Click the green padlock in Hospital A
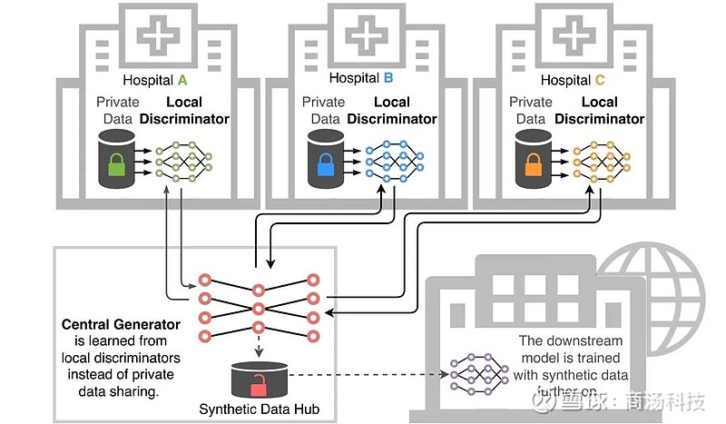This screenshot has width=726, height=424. (116, 165)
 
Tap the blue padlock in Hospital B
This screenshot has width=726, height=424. (325, 165)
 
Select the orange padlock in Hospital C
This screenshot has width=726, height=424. (533, 165)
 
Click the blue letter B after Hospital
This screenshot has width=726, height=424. (389, 78)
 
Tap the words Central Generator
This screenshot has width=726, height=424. (115, 324)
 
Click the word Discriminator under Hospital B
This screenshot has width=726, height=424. (391, 119)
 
